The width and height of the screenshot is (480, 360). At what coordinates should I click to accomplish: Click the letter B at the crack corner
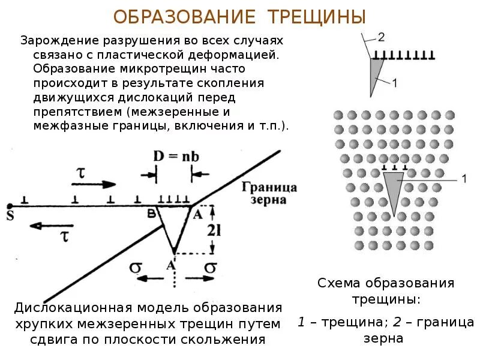[152, 212]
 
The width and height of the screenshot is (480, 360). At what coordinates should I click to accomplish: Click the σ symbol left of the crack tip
[136, 266]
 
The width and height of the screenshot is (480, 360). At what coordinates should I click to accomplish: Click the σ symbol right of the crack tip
[210, 266]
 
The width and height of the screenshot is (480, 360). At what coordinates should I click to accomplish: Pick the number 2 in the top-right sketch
[381, 37]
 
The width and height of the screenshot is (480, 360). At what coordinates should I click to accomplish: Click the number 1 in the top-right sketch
[394, 83]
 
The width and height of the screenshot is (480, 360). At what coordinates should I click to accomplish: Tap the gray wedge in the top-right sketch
[376, 74]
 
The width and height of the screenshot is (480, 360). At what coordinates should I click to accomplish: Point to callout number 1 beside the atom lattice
[464, 178]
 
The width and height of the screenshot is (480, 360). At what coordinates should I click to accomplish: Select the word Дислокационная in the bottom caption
[74, 308]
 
